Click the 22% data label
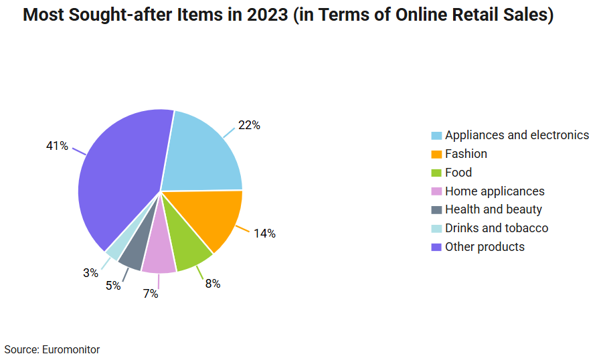(249, 125)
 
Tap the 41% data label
(57, 145)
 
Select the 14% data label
(264, 234)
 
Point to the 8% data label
(213, 284)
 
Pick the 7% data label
(151, 294)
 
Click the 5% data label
(113, 286)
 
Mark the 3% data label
(90, 273)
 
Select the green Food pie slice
(187, 248)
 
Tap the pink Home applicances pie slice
(159, 258)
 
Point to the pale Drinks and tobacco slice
(114, 248)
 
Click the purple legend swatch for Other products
(436, 247)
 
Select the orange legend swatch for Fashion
(436, 154)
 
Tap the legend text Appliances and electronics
(517, 135)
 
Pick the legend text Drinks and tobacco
(497, 228)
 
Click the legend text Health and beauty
(493, 209)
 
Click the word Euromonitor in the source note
(71, 350)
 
